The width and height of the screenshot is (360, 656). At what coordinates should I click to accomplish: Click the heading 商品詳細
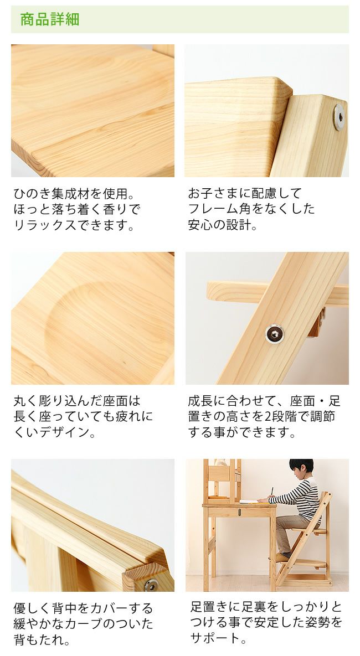[x=50, y=20]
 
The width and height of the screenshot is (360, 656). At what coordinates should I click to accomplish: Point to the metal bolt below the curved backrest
[x=150, y=583]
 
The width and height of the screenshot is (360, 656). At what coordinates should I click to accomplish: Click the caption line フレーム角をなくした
[x=251, y=209]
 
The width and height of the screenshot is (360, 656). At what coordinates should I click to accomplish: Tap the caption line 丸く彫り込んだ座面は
[x=77, y=400]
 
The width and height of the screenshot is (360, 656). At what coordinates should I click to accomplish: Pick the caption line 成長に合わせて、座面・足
[x=264, y=400]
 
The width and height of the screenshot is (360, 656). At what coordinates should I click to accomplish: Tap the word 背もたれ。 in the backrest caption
[x=42, y=640]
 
